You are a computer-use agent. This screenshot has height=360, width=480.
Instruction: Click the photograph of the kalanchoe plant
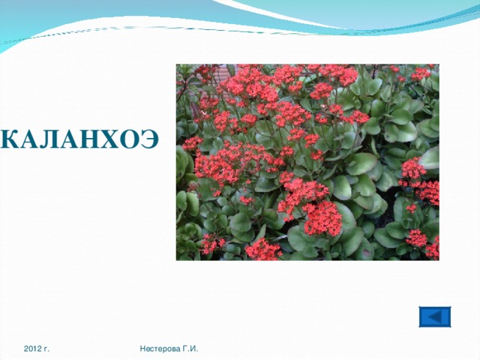pyautogui.click(x=307, y=162)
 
